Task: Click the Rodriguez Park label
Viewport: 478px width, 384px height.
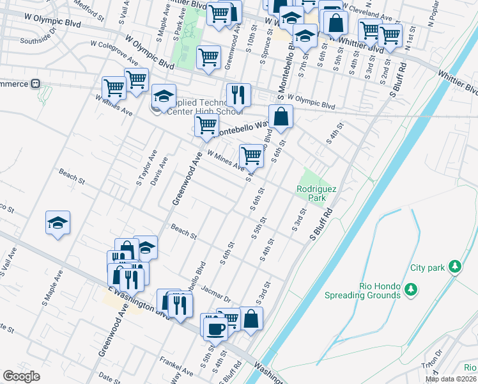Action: click(312, 193)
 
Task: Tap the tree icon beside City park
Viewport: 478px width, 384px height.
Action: click(454, 266)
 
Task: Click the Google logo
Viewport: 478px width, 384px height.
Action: click(21, 376)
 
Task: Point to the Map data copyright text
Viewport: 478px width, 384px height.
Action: click(451, 379)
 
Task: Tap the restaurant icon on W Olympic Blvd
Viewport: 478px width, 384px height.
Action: click(238, 95)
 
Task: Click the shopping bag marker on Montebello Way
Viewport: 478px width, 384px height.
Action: click(281, 116)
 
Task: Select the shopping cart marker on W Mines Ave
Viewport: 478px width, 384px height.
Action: click(252, 155)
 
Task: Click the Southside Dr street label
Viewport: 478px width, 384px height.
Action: click(38, 38)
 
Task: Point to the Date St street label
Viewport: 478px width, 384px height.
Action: click(109, 378)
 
